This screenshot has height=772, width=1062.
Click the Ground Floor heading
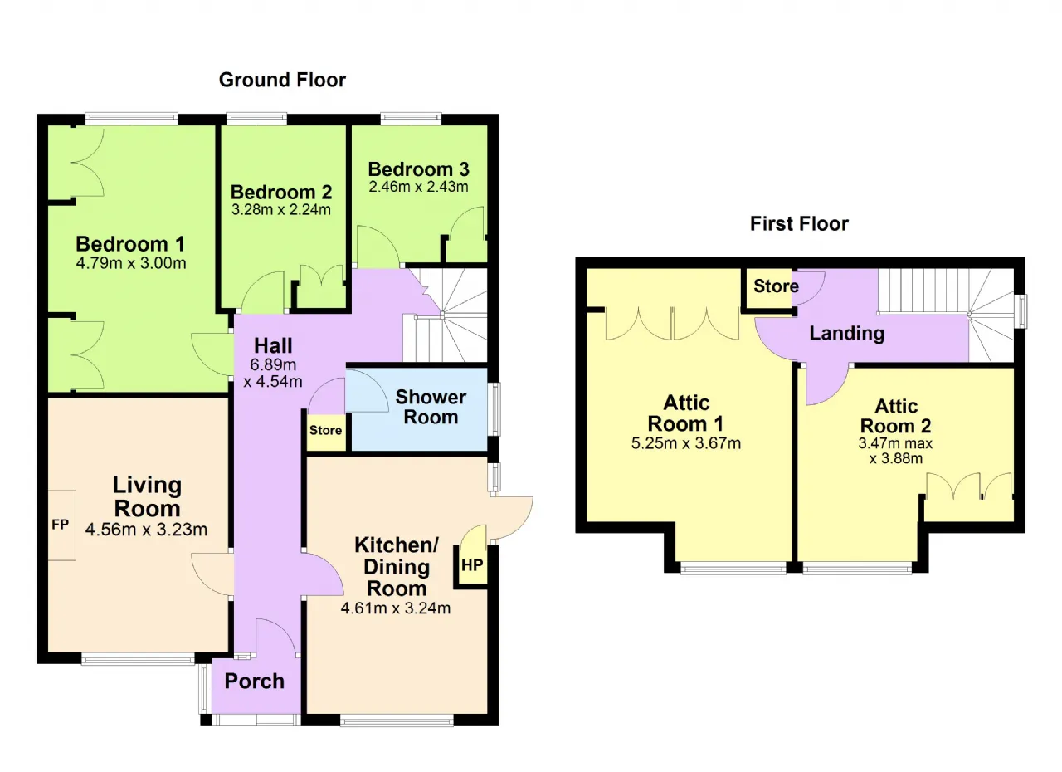[x=282, y=80]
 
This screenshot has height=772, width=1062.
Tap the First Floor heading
[x=799, y=224]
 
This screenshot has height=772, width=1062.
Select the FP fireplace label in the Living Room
[x=61, y=525]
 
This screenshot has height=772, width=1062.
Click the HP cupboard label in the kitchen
[x=472, y=564]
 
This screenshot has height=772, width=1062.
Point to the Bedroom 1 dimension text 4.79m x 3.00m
[x=131, y=263]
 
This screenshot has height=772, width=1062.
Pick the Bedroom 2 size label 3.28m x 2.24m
[x=281, y=209]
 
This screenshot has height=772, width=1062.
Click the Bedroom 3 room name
[x=419, y=169]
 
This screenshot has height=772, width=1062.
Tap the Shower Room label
[x=431, y=407]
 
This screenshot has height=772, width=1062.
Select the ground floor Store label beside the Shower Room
[x=326, y=430]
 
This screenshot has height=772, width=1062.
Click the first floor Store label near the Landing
[x=776, y=286]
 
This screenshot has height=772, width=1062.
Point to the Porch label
[x=255, y=682]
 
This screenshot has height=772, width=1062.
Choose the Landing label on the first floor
[x=847, y=334]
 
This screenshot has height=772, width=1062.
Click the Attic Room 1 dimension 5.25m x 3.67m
[x=686, y=443]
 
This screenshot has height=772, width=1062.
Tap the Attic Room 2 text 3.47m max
[x=895, y=443]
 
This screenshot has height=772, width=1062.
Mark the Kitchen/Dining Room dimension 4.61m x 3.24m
[x=396, y=608]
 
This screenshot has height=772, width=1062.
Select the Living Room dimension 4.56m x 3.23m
[x=147, y=530]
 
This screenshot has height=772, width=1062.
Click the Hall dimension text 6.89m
[x=273, y=364]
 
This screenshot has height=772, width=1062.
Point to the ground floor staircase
[x=445, y=315]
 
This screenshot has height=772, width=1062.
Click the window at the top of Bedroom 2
[x=256, y=118]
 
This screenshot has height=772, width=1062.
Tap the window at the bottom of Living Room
[x=138, y=658]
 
